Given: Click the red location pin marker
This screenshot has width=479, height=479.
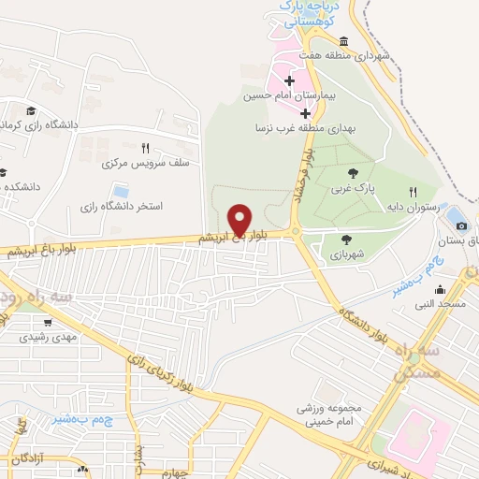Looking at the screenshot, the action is click(x=239, y=221).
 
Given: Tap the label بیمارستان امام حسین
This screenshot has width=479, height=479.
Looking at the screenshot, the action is click(x=283, y=96).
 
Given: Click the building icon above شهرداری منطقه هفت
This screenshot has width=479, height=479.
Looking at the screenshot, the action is click(x=344, y=41).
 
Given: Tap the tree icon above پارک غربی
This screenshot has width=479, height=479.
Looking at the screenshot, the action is click(x=352, y=173).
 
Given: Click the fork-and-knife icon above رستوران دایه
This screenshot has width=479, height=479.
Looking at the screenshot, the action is click(x=412, y=191).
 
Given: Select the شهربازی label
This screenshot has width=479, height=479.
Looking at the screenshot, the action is click(x=348, y=254).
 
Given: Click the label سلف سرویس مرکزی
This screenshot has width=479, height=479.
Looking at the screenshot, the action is click(x=140, y=163).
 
